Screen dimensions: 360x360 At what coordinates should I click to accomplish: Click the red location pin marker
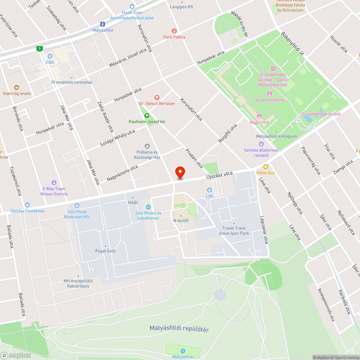180,172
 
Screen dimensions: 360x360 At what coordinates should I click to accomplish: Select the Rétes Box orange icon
266,167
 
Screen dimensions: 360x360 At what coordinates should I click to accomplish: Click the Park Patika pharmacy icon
174,31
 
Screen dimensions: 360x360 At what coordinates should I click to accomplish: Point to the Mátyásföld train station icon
103,24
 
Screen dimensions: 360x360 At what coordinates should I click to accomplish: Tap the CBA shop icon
50,56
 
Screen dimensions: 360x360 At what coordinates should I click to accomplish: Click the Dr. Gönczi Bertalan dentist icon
157,97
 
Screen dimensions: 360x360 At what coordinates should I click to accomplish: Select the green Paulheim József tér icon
147,116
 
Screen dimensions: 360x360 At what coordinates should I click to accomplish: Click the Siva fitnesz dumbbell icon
148,207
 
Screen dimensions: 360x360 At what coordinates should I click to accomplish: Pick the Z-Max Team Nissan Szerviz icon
54,183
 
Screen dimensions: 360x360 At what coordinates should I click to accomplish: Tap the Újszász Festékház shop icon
27,204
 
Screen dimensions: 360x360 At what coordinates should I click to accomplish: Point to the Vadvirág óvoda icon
16,87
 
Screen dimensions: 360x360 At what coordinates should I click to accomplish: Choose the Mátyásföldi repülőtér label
179,329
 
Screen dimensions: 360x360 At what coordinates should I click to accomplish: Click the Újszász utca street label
219,175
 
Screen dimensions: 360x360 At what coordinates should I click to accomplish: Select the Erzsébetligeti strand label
321,114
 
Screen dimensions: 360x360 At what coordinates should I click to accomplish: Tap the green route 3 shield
39,48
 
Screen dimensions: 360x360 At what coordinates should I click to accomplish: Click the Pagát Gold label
105,251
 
